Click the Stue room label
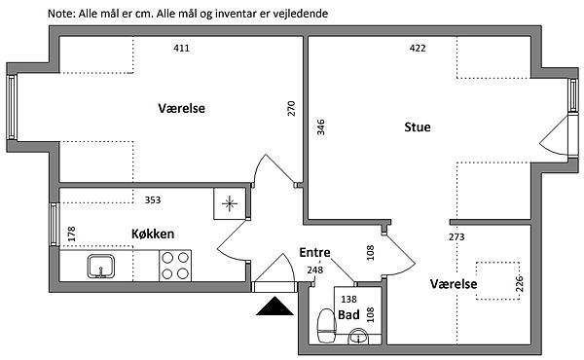418,126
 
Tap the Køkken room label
153,234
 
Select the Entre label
314,252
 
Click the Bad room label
348,314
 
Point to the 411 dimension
181,48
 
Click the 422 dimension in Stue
418,48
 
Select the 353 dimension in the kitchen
153,199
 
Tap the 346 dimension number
320,126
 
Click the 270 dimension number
291,108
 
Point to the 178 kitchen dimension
71,234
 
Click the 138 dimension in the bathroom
349,299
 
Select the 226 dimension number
520,283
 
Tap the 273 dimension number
456,236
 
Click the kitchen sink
101,267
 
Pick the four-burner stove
175,266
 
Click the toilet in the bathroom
327,325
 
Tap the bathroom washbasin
358,337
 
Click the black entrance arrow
274,306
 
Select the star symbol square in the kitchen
230,203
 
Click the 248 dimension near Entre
315,270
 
